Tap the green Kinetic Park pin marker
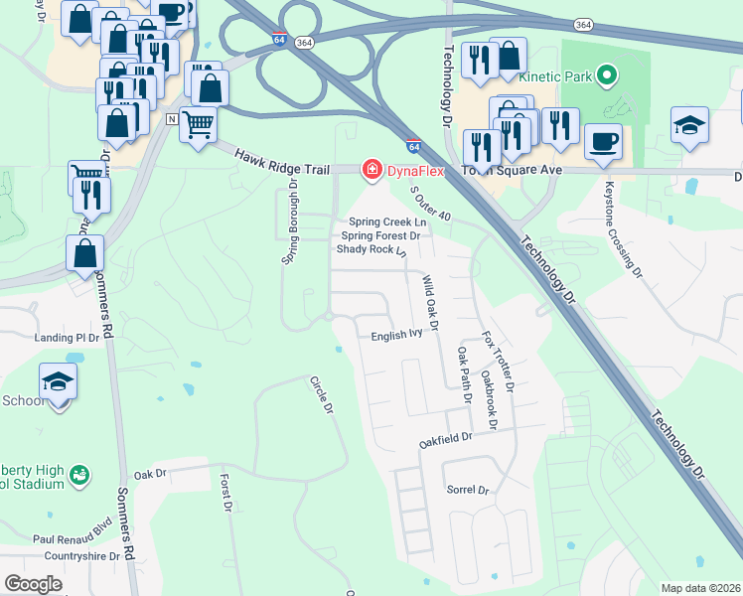click(x=610, y=74)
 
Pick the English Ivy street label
click(x=397, y=336)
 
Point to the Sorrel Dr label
click(x=469, y=490)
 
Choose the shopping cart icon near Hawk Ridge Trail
click(x=199, y=124)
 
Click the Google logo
click(x=33, y=584)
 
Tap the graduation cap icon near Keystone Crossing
click(x=689, y=124)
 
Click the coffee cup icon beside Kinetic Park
click(x=603, y=140)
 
